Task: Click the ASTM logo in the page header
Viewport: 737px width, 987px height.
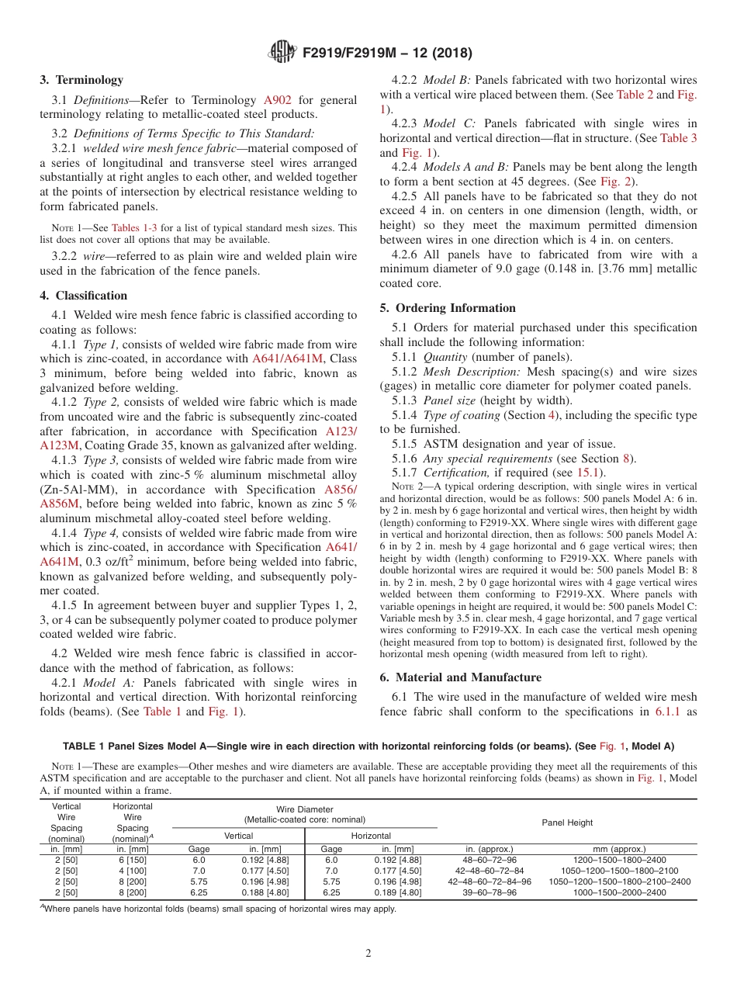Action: click(x=282, y=52)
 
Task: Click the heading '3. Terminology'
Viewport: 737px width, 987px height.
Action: click(x=81, y=80)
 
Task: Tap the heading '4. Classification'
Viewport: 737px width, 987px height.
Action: click(x=83, y=296)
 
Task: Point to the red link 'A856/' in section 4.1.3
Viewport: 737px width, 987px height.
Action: click(x=341, y=490)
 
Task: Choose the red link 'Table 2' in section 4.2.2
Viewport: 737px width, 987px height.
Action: click(x=635, y=95)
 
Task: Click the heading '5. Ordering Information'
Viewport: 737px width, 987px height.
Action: click(x=448, y=308)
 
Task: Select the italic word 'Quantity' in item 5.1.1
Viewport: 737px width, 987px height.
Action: click(x=445, y=357)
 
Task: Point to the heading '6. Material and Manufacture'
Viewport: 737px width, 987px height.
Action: click(x=461, y=677)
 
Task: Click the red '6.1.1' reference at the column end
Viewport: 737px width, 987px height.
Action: click(x=666, y=712)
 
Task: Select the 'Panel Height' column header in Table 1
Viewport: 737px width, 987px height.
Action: click(x=567, y=822)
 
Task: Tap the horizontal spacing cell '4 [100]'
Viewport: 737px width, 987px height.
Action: click(x=133, y=871)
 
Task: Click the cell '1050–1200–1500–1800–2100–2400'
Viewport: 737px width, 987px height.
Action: click(x=619, y=881)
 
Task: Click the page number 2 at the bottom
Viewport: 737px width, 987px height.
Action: click(x=368, y=954)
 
